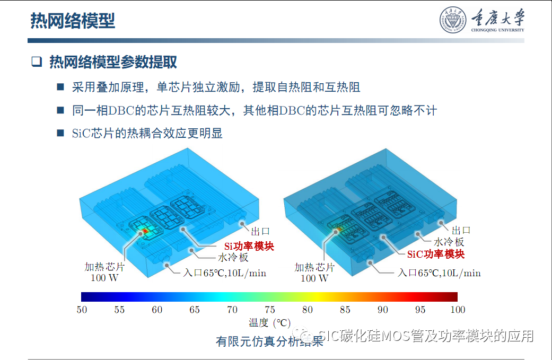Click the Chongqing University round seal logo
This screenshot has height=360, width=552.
452,20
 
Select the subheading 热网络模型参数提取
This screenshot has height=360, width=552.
113,62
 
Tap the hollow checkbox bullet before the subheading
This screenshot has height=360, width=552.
36,62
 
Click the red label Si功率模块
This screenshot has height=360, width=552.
249,247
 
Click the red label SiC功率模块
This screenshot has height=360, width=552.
436,254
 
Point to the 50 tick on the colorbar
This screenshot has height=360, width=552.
82,310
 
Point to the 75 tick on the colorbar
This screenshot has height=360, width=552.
269,310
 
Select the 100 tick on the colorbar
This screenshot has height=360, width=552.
457,310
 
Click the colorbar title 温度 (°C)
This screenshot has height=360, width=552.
269,323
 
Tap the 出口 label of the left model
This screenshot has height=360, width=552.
261,231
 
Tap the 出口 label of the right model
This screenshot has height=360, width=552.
461,230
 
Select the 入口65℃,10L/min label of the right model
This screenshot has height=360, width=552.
439,274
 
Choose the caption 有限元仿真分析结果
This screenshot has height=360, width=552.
269,341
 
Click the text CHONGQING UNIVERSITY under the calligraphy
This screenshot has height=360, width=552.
497,30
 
